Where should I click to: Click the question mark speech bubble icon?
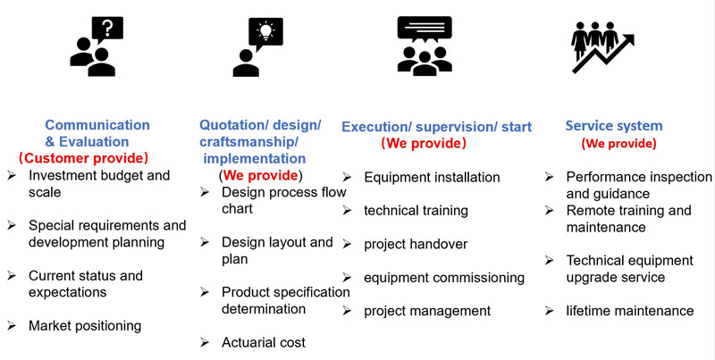click(x=107, y=29)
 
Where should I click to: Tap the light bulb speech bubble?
click(x=265, y=32)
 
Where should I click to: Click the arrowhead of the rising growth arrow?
click(x=628, y=40)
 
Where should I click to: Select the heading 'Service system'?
click(x=614, y=126)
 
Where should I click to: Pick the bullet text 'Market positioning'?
click(x=85, y=326)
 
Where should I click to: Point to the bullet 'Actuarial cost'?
click(x=264, y=342)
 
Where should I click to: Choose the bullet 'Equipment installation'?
click(x=432, y=177)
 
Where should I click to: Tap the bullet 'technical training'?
click(x=416, y=211)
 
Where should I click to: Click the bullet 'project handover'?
click(x=416, y=244)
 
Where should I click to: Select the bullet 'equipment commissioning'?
click(x=444, y=278)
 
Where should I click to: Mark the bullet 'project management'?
click(x=427, y=311)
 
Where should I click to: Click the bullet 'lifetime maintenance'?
click(x=630, y=311)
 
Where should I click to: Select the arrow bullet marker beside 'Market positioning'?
click(x=12, y=325)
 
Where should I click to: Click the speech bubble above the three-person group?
click(x=425, y=29)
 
